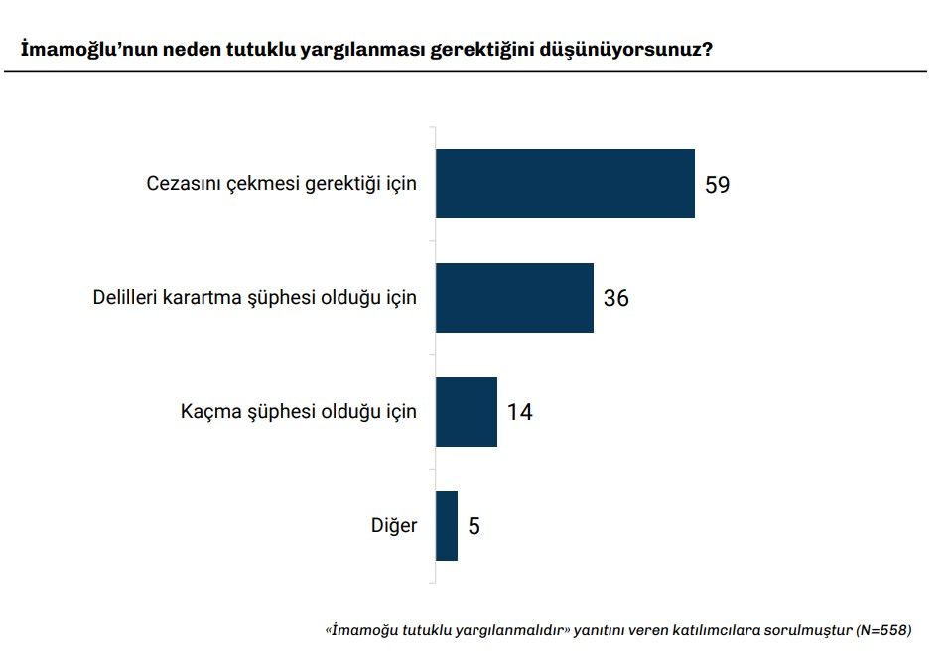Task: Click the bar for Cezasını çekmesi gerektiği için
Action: [565, 184]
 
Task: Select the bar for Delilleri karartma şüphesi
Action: [514, 298]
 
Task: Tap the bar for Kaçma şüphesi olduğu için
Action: [467, 412]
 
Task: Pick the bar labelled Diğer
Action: [447, 526]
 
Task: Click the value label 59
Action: [717, 185]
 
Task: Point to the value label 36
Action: [615, 298]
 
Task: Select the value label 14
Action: [519, 412]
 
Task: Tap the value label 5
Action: [474, 526]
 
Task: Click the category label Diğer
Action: [394, 525]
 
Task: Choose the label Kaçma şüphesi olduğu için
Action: [299, 411]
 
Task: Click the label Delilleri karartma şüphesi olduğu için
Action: [254, 297]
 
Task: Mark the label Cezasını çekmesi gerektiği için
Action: [282, 184]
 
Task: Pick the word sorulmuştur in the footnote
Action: [808, 630]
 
